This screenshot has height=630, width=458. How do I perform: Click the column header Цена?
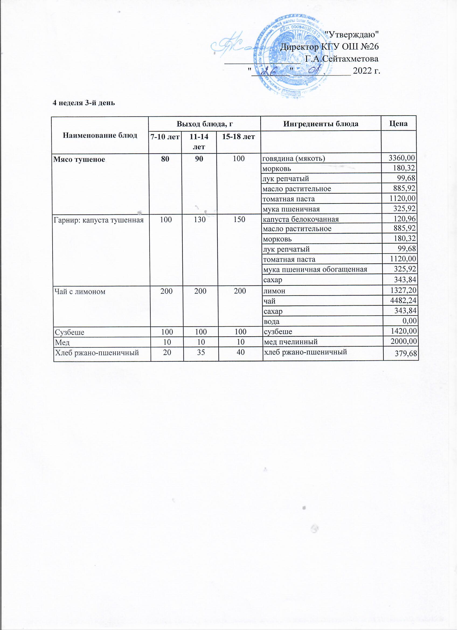(x=398, y=124)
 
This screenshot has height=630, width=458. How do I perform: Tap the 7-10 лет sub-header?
(x=165, y=137)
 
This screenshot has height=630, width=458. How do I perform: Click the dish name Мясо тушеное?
(x=79, y=160)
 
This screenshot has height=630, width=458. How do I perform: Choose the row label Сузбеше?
(x=70, y=332)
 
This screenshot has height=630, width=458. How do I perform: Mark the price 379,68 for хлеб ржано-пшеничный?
(x=405, y=354)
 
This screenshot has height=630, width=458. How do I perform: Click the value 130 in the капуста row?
(x=200, y=219)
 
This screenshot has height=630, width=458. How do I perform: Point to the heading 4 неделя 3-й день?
(x=84, y=103)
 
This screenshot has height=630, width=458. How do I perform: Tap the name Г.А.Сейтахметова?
(x=342, y=59)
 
